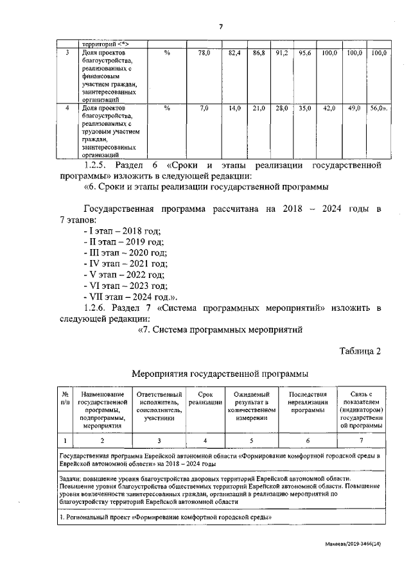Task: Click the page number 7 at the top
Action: point(220,26)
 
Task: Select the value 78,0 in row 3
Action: point(204,53)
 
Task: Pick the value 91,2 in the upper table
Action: point(281,53)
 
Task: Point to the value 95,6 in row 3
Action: point(304,53)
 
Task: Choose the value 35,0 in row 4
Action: point(304,109)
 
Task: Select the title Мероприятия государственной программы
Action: point(220,373)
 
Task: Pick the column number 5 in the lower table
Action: point(252,440)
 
